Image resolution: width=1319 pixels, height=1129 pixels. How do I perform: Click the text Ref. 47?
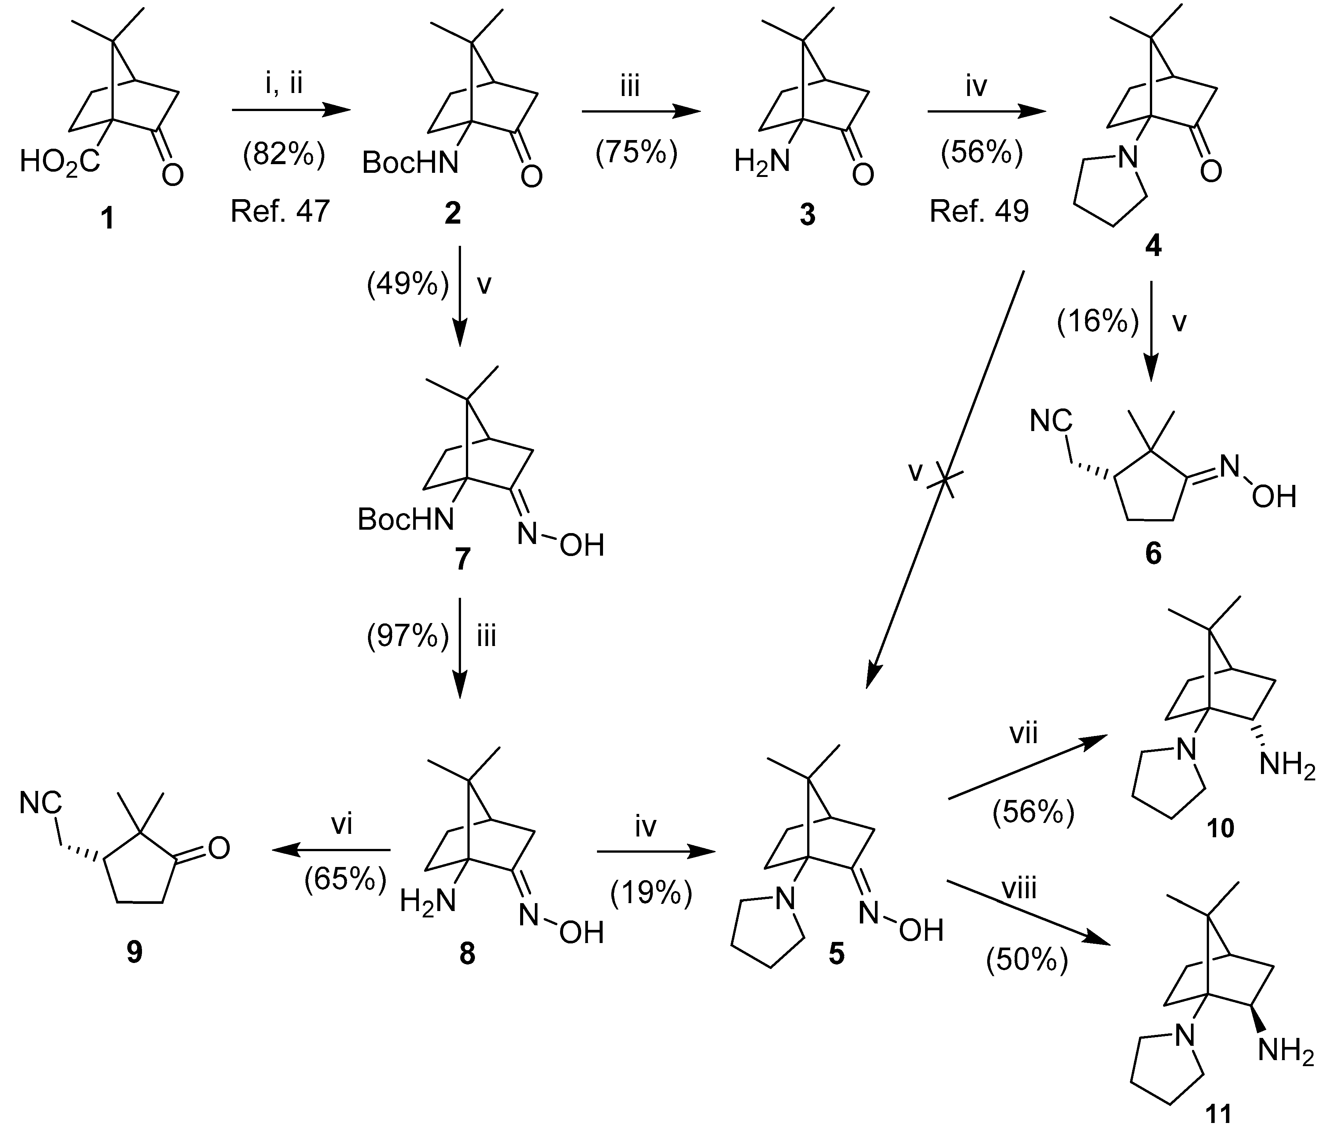pyautogui.click(x=280, y=211)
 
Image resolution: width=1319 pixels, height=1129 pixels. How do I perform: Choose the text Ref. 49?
pyautogui.click(x=979, y=211)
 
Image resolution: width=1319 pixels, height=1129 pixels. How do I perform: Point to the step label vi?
pyautogui.click(x=342, y=825)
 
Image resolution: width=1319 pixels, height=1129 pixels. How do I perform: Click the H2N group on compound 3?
pyautogui.click(x=761, y=162)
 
